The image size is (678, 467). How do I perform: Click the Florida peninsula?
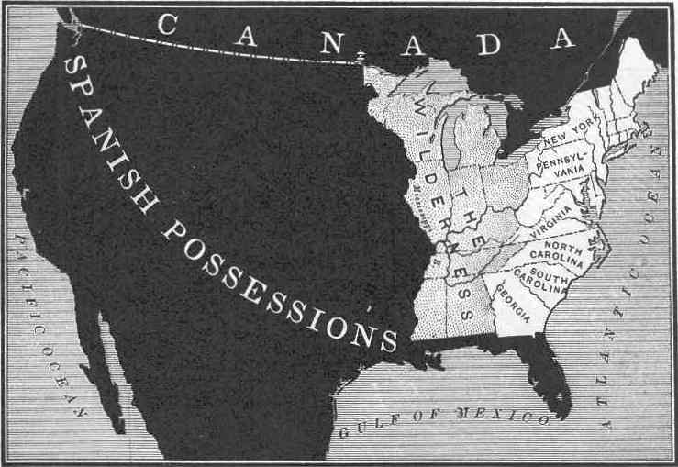550,376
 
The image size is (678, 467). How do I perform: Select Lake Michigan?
450,142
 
